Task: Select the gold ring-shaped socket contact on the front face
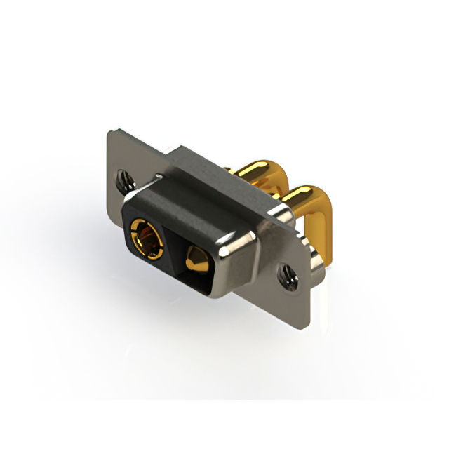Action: [x=145, y=235]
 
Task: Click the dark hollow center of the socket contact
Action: [x=145, y=236]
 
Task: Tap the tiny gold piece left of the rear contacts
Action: [x=229, y=169]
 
